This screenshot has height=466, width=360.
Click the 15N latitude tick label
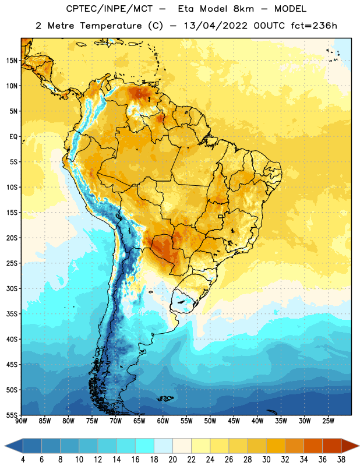pos(12,61)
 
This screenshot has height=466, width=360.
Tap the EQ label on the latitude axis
pos(13,137)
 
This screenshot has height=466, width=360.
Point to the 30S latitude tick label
pos(12,288)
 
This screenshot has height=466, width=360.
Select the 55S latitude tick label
pos(12,415)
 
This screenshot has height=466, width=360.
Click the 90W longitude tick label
pos(21,421)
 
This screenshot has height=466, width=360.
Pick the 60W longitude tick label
pos(163,421)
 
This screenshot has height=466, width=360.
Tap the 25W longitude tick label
pos(328,421)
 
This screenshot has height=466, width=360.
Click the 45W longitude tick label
pos(234,421)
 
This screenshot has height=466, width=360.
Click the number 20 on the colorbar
pos(172,460)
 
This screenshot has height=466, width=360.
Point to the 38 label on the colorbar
pos(341,460)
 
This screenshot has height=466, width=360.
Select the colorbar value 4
pos(23,460)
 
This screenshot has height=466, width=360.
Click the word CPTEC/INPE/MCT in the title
pos(110,9)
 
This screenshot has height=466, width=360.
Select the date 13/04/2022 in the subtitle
pos(215,26)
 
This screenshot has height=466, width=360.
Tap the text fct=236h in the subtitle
pos(314,26)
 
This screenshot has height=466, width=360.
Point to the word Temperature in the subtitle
pos(111,26)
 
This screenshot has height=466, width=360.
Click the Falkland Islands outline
pos(165,398)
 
